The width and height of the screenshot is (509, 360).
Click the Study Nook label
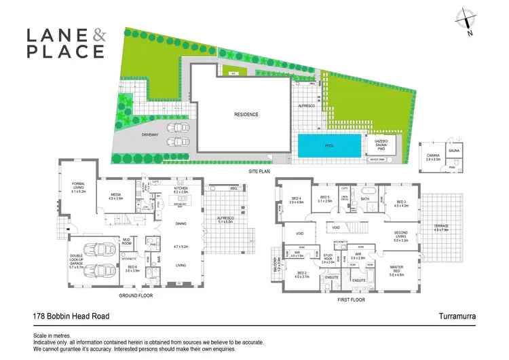(329, 259)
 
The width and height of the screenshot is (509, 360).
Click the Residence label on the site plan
(246, 114)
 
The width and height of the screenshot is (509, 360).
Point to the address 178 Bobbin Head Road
(72, 316)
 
